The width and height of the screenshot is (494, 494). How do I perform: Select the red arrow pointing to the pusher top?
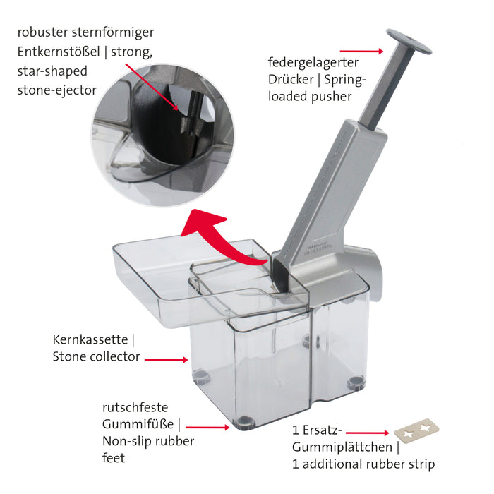[361, 51]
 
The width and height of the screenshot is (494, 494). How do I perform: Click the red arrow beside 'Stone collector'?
[167, 359]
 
